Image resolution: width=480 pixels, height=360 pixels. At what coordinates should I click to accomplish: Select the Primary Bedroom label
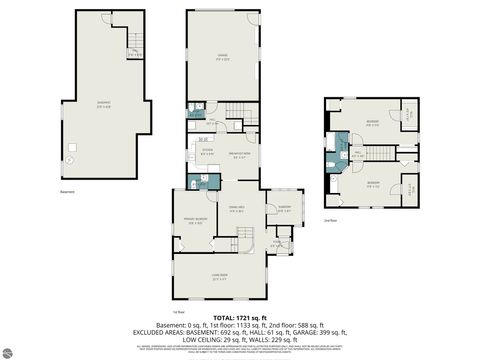(x=196, y=221)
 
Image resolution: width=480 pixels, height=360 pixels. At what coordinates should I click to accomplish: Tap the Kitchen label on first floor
(x=206, y=152)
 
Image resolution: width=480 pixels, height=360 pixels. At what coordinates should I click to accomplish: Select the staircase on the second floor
(x=373, y=151)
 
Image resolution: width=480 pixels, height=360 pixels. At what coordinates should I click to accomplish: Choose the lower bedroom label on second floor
(x=372, y=183)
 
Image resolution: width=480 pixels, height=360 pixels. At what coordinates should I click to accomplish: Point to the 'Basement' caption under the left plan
(x=68, y=191)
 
